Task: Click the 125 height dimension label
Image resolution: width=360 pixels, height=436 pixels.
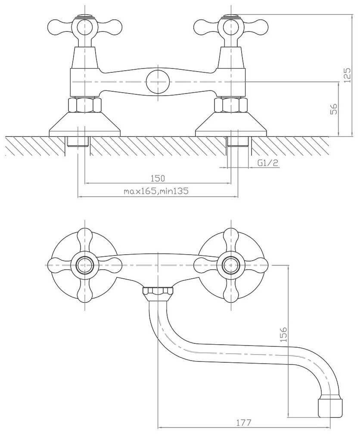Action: pyautogui.click(x=348, y=75)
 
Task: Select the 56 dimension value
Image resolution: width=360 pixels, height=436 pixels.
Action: pyautogui.click(x=334, y=109)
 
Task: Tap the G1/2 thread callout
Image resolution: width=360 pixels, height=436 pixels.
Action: pyautogui.click(x=268, y=163)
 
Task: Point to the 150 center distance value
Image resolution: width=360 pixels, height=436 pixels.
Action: pyautogui.click(x=158, y=178)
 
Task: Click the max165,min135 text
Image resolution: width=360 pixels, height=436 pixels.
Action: pyautogui.click(x=156, y=191)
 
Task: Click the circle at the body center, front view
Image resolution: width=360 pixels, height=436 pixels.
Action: pyautogui.click(x=158, y=82)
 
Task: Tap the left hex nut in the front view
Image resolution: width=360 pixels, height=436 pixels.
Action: pyautogui.click(x=85, y=105)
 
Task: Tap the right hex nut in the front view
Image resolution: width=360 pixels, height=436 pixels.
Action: pyautogui.click(x=231, y=105)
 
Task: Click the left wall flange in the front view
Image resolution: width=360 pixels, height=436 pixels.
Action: pyautogui.click(x=85, y=124)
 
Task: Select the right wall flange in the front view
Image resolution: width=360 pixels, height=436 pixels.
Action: pyautogui.click(x=231, y=124)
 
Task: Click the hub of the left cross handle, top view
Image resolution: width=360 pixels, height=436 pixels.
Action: pyautogui.click(x=85, y=265)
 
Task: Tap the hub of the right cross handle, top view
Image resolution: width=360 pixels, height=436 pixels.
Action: pyautogui.click(x=231, y=265)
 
